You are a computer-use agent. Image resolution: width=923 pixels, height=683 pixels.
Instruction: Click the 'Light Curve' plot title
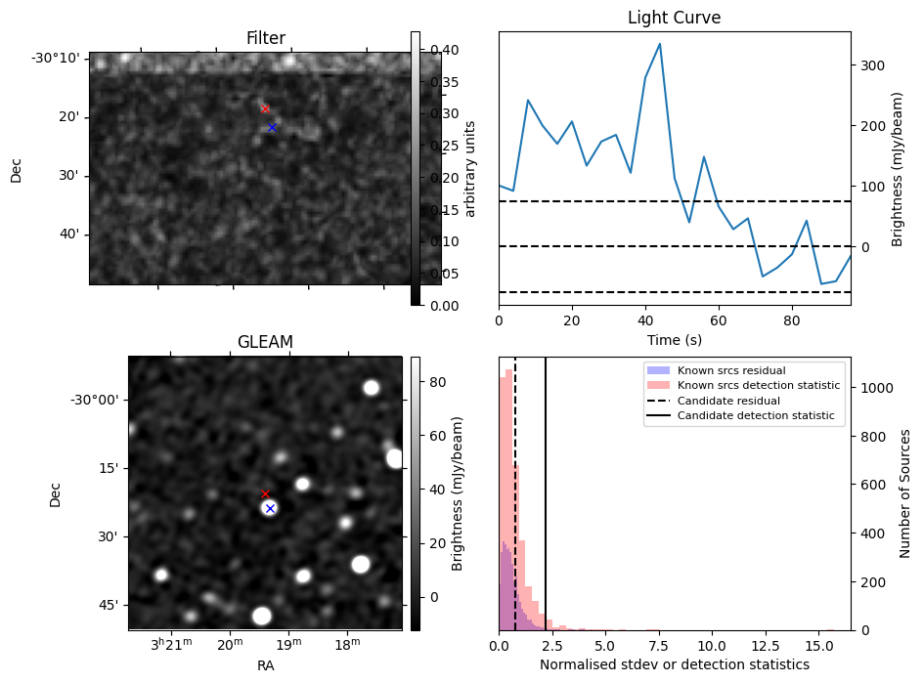674,18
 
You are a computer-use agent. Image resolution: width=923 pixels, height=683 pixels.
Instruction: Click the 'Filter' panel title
265,38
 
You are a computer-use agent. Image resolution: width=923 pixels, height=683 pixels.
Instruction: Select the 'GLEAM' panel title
265,341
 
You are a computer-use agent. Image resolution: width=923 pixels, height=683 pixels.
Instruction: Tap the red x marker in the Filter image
265,108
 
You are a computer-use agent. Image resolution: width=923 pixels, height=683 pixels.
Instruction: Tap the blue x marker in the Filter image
272,127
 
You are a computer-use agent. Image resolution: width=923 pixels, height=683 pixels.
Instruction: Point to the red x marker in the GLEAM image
265,493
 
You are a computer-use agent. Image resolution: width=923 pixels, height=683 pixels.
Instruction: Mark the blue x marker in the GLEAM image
270,508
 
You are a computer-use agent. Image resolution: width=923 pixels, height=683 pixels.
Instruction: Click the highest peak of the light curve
660,44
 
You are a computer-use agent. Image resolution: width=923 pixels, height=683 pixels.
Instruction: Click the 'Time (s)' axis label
674,340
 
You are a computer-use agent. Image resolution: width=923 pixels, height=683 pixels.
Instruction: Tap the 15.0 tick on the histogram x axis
818,646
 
